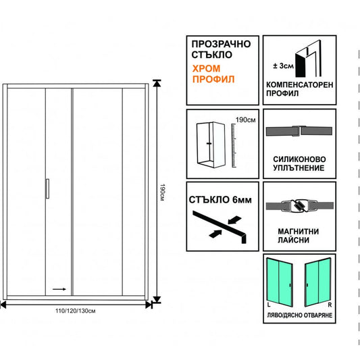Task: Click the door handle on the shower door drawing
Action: (x=47, y=188)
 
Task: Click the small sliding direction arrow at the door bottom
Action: (x=59, y=289)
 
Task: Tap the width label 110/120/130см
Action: (x=75, y=311)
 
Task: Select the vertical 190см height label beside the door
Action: (x=162, y=192)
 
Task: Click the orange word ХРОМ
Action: (x=206, y=68)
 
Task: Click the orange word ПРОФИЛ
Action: (x=213, y=79)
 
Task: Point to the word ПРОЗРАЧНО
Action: (x=221, y=44)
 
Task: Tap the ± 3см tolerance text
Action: (x=283, y=66)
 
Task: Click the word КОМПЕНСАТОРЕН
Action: (x=300, y=84)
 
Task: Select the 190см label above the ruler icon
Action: (x=245, y=120)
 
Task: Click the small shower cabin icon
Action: (x=211, y=145)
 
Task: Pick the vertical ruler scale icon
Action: (x=234, y=146)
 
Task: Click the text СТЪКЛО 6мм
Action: (x=220, y=200)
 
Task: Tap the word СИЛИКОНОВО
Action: (x=299, y=159)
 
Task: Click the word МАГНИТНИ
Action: (x=299, y=232)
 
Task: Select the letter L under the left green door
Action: (x=269, y=305)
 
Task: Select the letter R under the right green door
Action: (x=330, y=305)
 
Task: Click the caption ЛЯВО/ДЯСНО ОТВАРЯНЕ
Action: (x=299, y=315)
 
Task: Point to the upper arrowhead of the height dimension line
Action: (x=157, y=83)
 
